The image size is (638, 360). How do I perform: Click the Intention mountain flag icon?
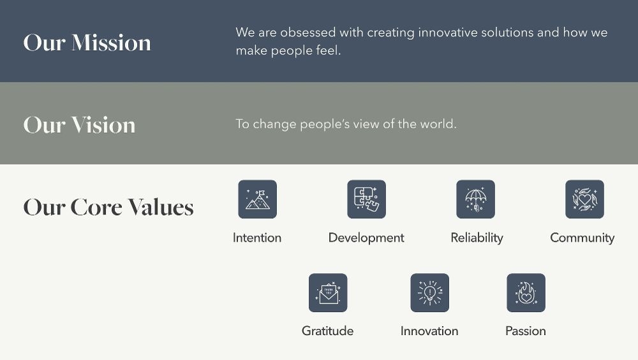click(x=257, y=199)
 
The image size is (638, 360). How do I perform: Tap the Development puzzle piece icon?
click(x=366, y=199)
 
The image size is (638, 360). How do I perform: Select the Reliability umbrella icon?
click(x=475, y=199)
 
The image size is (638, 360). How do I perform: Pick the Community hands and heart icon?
click(x=584, y=199)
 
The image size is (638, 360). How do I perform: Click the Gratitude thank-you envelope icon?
click(x=328, y=293)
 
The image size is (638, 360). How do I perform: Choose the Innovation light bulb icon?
click(x=429, y=293)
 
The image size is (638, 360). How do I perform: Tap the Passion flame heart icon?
click(x=526, y=293)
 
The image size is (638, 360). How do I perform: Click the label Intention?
click(x=257, y=238)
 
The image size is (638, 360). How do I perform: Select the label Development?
click(x=366, y=238)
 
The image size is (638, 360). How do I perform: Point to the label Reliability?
click(x=477, y=238)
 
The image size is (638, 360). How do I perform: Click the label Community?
click(x=582, y=238)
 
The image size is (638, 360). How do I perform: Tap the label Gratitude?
click(x=327, y=331)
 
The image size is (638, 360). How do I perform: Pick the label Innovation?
click(x=429, y=331)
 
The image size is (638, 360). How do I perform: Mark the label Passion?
click(x=526, y=331)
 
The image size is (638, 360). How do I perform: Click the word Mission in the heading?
click(x=111, y=43)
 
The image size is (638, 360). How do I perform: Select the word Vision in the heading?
click(x=103, y=124)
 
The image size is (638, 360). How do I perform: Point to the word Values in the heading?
click(x=160, y=207)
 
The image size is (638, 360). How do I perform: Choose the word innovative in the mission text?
click(x=454, y=33)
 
